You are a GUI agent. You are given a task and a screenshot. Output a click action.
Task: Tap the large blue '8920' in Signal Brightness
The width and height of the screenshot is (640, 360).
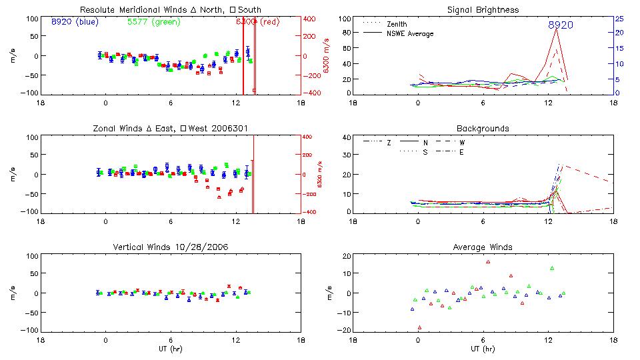560,25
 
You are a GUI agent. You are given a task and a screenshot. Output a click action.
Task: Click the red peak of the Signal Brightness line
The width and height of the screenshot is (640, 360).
556,29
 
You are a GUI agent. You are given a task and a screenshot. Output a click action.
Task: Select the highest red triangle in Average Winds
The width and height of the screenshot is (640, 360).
488,262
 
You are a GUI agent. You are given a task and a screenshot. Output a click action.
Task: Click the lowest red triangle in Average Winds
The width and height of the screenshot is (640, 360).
419,327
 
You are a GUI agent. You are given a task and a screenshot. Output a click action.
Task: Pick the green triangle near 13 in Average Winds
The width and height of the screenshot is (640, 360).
552,268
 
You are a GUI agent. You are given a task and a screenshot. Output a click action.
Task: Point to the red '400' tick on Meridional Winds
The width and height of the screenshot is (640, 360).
311,19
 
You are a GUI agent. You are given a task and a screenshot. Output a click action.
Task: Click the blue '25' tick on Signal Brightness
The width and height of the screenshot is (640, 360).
619,19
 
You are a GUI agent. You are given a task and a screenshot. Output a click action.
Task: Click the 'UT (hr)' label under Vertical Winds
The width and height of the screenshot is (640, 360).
170,348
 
